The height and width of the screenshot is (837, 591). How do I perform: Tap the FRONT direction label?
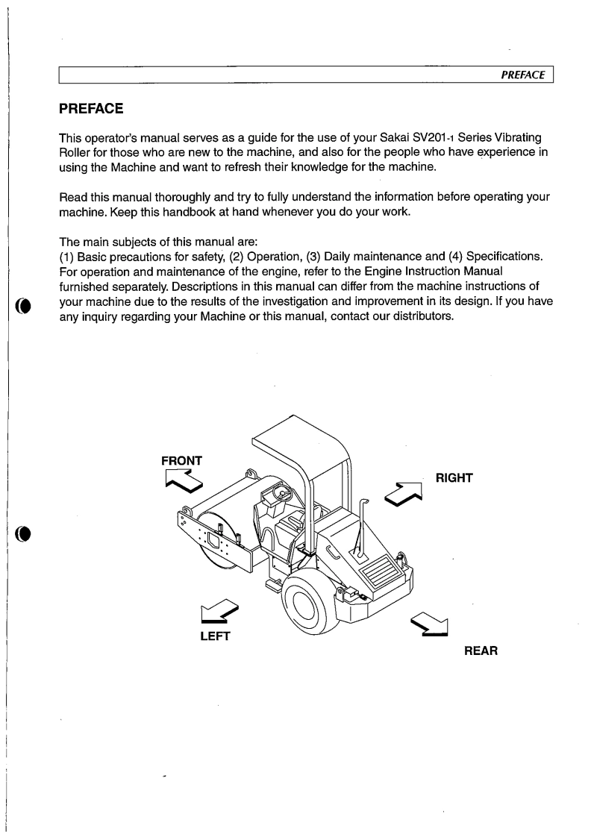[x=181, y=461]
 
